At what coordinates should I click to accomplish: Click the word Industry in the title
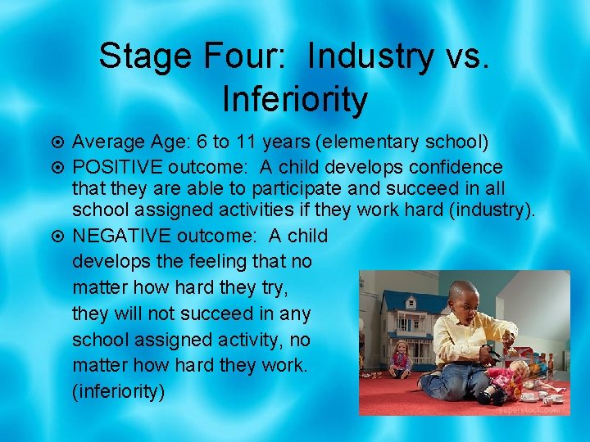[x=371, y=56]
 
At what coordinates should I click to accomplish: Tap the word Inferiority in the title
[x=294, y=98]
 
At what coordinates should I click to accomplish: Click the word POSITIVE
[x=117, y=167]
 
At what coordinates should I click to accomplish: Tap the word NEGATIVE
[x=119, y=237]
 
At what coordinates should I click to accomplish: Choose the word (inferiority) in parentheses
[x=119, y=390]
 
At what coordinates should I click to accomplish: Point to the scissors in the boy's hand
[x=492, y=354]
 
